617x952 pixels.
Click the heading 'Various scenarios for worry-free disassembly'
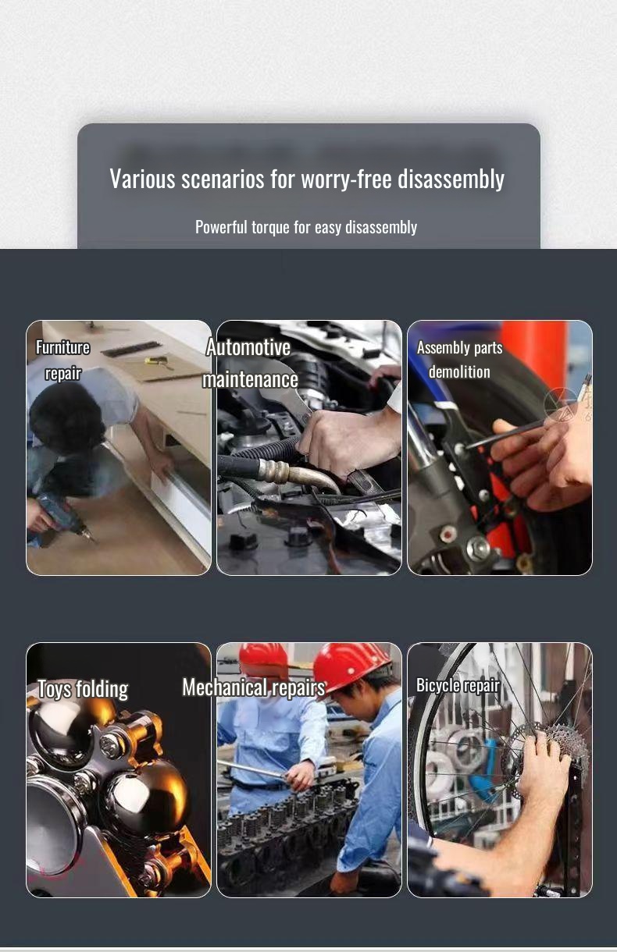307,179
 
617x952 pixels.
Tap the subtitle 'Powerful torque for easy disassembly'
306,227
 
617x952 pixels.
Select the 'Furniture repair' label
62,360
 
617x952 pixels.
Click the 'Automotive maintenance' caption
250,363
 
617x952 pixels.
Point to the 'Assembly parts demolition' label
459,359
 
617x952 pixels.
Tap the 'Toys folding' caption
83,689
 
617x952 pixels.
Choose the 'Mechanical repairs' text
253,687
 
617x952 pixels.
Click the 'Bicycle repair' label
458,685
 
